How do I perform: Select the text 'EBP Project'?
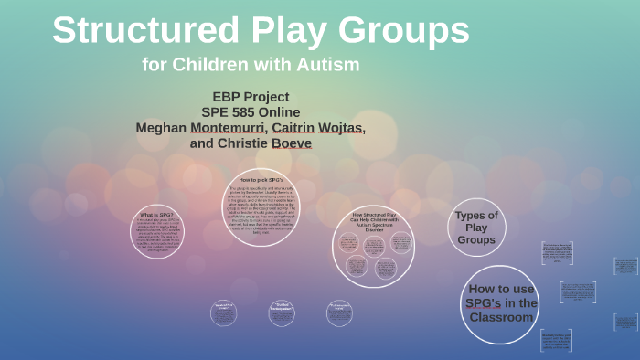pyautogui.click(x=251, y=96)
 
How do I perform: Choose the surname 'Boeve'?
pyautogui.click(x=293, y=143)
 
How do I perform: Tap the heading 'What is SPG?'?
pyautogui.click(x=155, y=214)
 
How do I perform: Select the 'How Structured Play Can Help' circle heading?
pyautogui.click(x=373, y=222)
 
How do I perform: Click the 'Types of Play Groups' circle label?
pyautogui.click(x=476, y=228)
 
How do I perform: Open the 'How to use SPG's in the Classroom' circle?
pyautogui.click(x=500, y=303)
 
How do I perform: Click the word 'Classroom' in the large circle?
pyautogui.click(x=500, y=317)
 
